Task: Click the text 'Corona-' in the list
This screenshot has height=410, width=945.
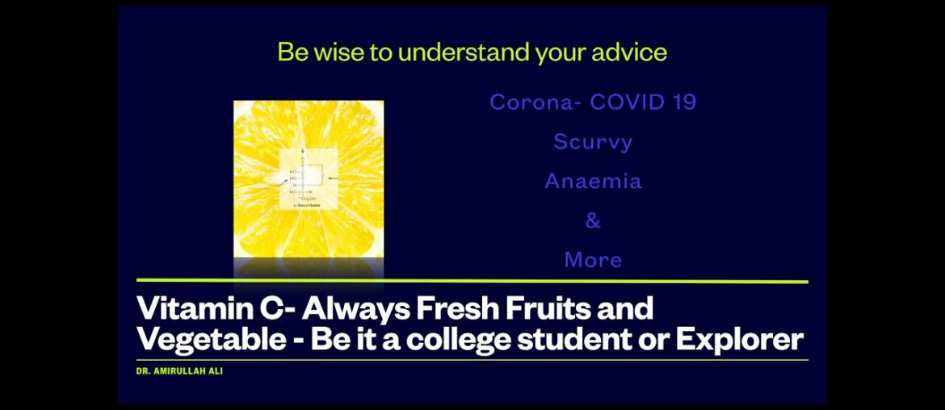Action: click(x=535, y=102)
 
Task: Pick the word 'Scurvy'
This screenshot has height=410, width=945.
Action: click(x=593, y=142)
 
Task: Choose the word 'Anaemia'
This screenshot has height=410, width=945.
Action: click(x=593, y=181)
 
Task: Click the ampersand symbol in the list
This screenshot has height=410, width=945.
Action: click(x=593, y=220)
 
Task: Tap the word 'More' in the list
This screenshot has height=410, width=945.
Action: click(x=593, y=260)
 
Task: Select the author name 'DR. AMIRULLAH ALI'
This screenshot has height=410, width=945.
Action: click(x=179, y=371)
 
